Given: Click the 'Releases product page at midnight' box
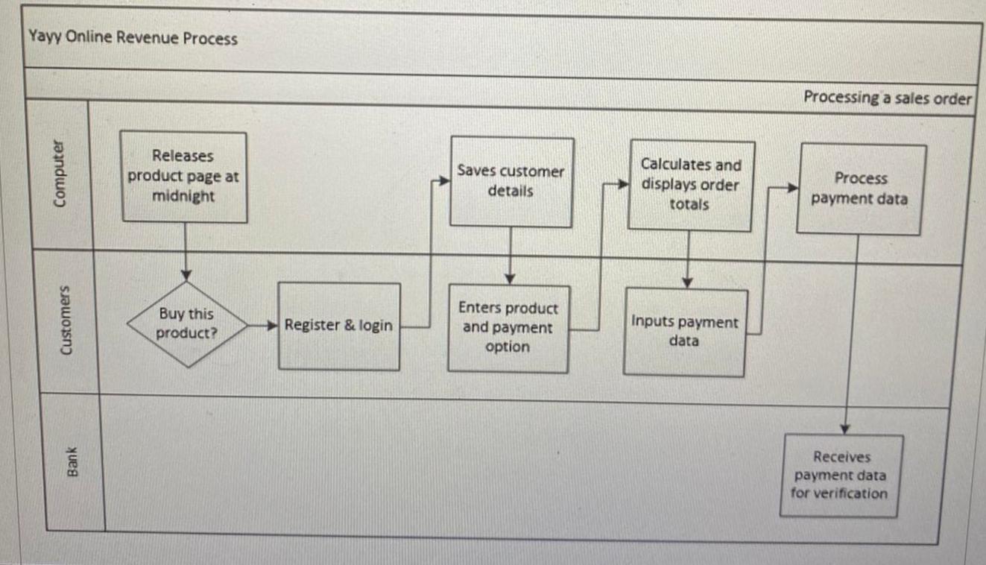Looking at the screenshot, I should (183, 177).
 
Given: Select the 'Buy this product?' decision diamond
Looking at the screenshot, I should (186, 324).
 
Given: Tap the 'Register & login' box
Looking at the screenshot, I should (338, 326).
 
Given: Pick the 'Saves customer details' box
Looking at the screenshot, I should (511, 181).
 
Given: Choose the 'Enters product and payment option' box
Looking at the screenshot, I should (508, 328).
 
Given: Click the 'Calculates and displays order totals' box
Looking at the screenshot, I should (690, 185).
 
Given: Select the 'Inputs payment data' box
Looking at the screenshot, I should (684, 332).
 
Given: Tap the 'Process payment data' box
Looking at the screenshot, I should (860, 189).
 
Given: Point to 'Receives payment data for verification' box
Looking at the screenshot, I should (839, 475).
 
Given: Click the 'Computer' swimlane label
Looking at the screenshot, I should (58, 173).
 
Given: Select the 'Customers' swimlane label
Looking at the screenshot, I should (66, 321).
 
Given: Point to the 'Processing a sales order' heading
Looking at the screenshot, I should (888, 98).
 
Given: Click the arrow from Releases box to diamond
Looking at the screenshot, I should (186, 250).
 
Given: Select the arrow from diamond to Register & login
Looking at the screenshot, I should (262, 325).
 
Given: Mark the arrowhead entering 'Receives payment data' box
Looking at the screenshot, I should (845, 429).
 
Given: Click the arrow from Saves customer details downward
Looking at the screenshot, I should (511, 256).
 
